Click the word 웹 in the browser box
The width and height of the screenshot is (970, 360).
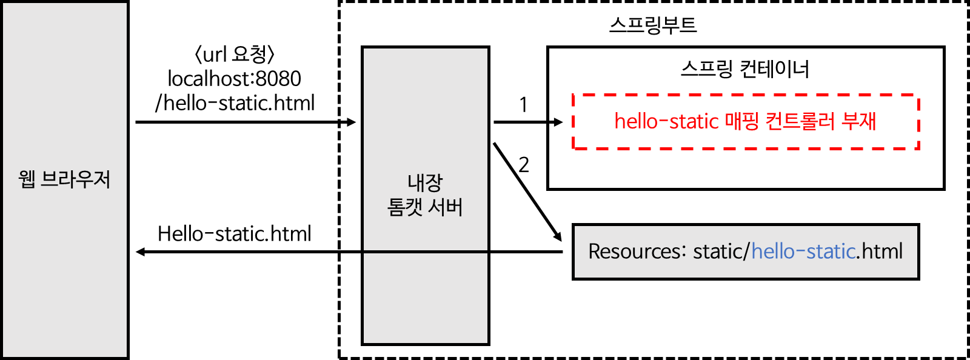pos(27,179)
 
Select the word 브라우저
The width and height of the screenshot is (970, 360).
pos(76,179)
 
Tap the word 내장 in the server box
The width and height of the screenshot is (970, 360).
pos(425,182)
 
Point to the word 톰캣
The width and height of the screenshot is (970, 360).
pos(405,207)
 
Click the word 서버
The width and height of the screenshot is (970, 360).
pos(446,207)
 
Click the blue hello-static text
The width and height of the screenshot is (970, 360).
pos(803,251)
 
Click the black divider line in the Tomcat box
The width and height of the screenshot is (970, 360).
pos(426,252)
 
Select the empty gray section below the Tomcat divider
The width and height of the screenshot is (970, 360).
pos(426,298)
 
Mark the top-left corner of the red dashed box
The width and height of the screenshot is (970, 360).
pos(574,95)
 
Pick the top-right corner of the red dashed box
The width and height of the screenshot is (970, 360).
pos(919,95)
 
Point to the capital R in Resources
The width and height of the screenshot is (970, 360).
pos(594,251)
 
